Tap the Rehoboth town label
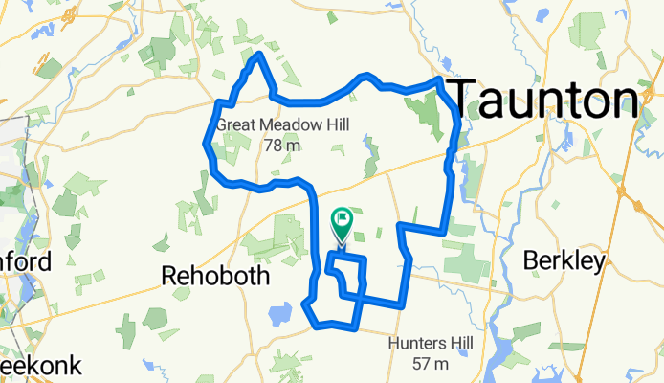click(x=215, y=276)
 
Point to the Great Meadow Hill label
click(x=281, y=125)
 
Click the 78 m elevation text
click(x=281, y=146)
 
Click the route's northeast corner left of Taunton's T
click(x=439, y=81)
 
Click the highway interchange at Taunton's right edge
click(x=631, y=201)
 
